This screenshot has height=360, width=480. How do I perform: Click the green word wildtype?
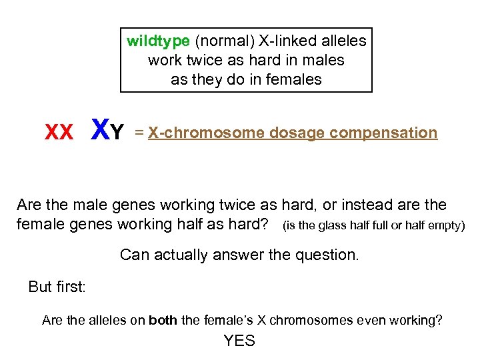click(x=158, y=41)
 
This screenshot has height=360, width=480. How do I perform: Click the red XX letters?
click(x=59, y=133)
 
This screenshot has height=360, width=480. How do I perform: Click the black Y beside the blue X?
click(x=117, y=133)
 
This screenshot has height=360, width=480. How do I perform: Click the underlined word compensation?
click(x=383, y=133)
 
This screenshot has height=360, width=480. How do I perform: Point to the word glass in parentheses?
click(x=325, y=225)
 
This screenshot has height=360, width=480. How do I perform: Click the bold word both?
click(x=164, y=321)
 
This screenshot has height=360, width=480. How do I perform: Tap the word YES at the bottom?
click(x=239, y=341)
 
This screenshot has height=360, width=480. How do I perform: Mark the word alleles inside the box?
click(x=344, y=41)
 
